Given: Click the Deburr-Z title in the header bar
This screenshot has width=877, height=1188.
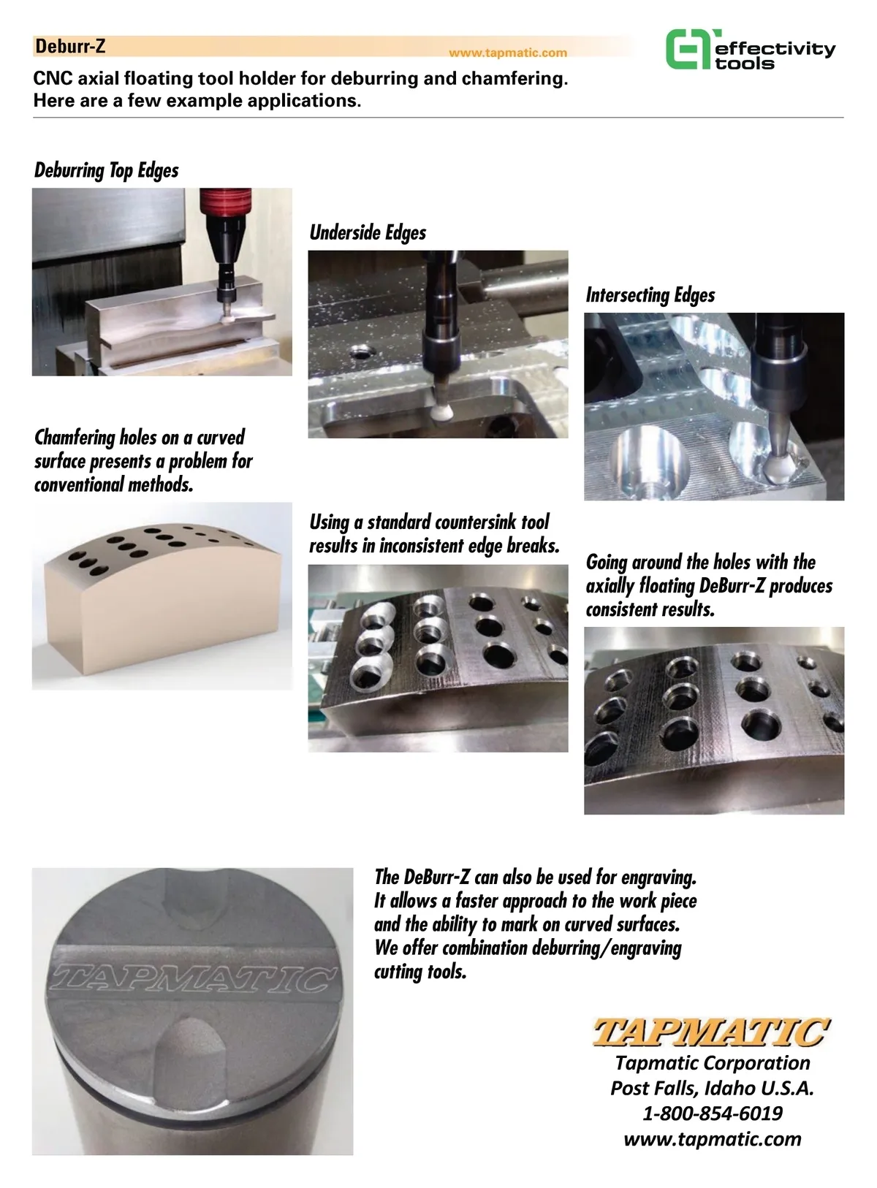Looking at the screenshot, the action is coord(70,47).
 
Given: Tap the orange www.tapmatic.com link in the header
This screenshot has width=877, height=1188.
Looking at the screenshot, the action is coord(507,53).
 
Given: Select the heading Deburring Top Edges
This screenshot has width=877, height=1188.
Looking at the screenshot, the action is coord(106,170).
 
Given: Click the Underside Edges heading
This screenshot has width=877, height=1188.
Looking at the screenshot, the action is coord(368,232).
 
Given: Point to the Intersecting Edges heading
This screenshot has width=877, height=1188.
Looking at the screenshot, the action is coord(650,295).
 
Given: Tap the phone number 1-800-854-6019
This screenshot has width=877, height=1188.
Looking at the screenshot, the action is coord(713,1113).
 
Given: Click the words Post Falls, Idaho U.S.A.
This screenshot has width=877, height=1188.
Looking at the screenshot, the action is coord(712,1088).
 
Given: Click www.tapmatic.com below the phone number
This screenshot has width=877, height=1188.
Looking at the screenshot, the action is coord(713,1138).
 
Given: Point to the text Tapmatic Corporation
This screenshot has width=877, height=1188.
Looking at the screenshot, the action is coord(713,1062).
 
